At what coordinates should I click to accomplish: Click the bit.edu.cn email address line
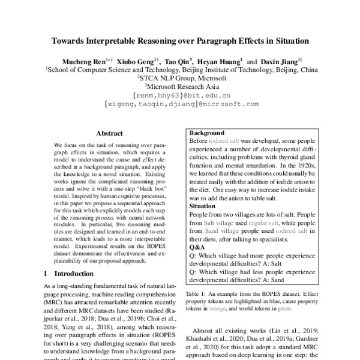pos(179,95)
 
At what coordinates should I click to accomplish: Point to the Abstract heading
pos(109,134)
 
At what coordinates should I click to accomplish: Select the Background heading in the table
pos(207,133)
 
